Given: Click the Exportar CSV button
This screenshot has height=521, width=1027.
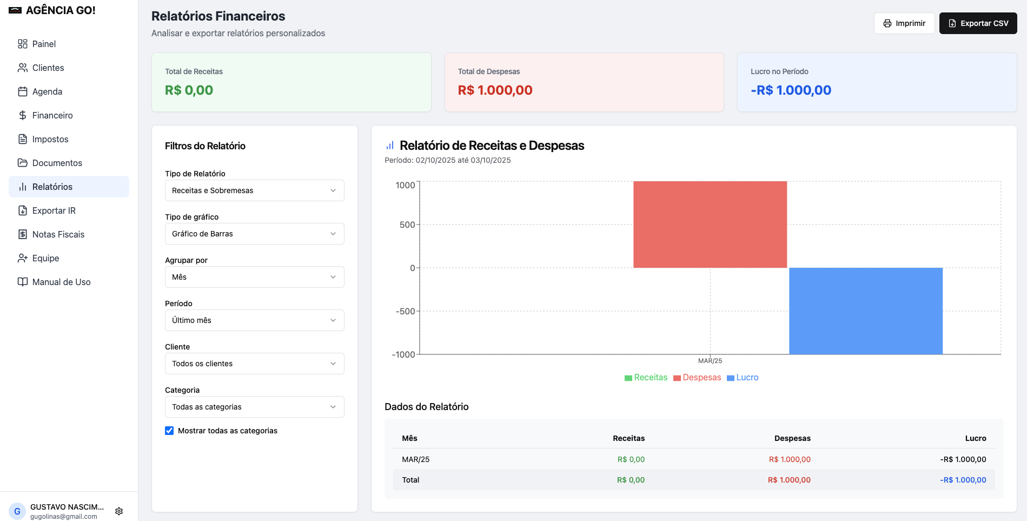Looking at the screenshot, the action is pyautogui.click(x=978, y=23).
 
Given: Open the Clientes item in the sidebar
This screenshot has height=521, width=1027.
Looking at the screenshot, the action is pyautogui.click(x=48, y=68).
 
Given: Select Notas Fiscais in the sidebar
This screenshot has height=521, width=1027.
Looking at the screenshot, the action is pyautogui.click(x=58, y=234).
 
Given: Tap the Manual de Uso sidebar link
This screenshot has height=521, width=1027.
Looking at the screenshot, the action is pyautogui.click(x=61, y=282).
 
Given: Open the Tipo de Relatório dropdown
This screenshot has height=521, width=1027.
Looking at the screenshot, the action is pyautogui.click(x=254, y=190).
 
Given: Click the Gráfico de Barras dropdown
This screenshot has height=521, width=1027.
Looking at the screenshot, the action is pyautogui.click(x=254, y=234).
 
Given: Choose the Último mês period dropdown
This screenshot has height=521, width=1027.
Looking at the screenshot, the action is pyautogui.click(x=254, y=320).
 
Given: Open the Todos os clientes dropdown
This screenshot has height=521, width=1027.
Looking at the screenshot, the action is pyautogui.click(x=254, y=364).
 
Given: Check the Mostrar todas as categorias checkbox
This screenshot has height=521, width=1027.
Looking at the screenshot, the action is pyautogui.click(x=169, y=431).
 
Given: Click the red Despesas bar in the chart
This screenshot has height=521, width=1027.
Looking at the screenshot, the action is pyautogui.click(x=710, y=225).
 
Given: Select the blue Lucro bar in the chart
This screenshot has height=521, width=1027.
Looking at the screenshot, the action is pyautogui.click(x=866, y=311).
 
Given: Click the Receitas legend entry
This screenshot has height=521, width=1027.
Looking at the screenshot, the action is pyautogui.click(x=646, y=378).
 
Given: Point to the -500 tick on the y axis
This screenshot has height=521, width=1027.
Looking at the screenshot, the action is pyautogui.click(x=405, y=311).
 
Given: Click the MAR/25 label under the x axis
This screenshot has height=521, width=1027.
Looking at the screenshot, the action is pyautogui.click(x=710, y=361).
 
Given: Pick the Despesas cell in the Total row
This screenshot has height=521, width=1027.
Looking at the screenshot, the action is pyautogui.click(x=789, y=480).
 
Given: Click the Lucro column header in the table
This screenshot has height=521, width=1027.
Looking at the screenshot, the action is pyautogui.click(x=976, y=438).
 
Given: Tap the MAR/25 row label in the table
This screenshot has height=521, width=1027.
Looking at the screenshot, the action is pyautogui.click(x=416, y=459).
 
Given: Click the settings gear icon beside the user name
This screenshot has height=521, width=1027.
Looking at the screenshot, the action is pyautogui.click(x=119, y=511).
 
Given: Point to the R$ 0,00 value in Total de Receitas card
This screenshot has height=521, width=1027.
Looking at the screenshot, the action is pyautogui.click(x=189, y=90).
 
